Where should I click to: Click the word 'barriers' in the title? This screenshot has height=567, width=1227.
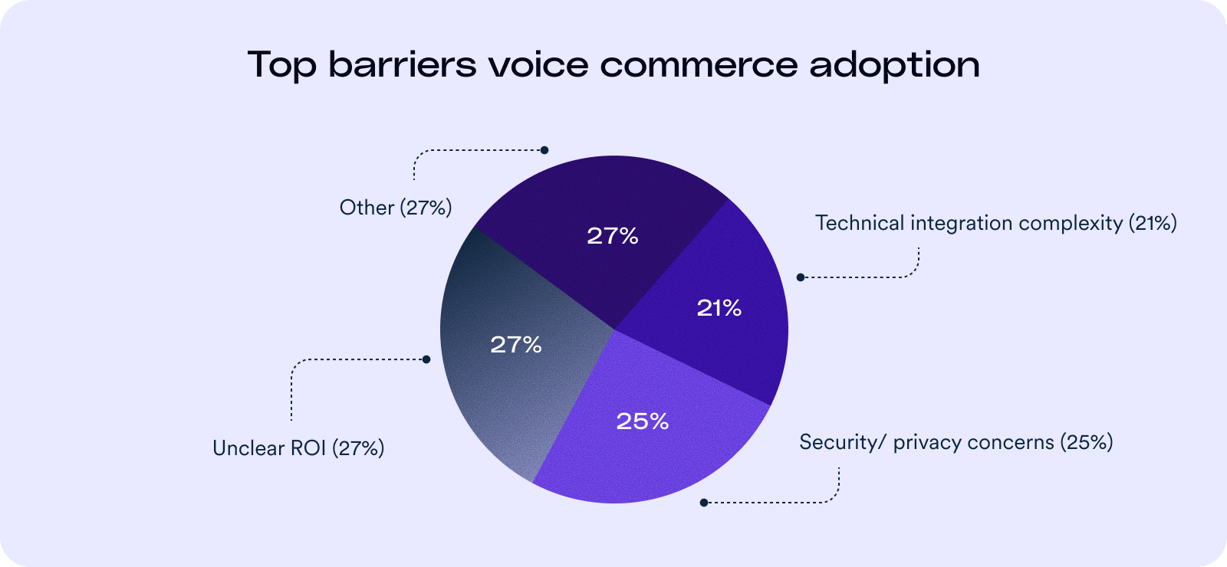point(402,64)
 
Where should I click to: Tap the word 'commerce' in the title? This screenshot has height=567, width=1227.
point(698,64)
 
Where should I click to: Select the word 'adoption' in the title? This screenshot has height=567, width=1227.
point(894,66)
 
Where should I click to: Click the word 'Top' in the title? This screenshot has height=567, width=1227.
point(281,64)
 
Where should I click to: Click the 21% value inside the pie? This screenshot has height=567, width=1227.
point(719,308)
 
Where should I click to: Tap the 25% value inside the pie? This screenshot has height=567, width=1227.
point(643,421)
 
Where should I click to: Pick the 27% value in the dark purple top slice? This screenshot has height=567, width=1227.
point(613,236)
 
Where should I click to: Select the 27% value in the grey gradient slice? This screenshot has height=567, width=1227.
point(516,345)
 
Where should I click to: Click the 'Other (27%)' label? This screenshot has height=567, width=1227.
point(396,208)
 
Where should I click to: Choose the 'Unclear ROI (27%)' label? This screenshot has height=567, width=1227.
point(298,448)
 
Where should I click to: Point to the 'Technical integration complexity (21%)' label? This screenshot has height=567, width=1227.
point(995,223)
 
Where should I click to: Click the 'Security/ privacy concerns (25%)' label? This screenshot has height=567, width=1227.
point(956,442)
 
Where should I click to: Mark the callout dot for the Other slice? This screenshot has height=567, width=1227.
point(544,150)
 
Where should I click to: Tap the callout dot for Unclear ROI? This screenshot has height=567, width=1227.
point(426,359)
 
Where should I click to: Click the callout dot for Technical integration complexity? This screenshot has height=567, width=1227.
point(801,277)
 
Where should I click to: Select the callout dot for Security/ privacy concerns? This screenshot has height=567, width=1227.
point(704,503)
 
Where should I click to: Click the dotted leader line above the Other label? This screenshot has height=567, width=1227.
point(475,150)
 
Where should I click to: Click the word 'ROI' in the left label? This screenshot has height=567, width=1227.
point(308,448)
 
